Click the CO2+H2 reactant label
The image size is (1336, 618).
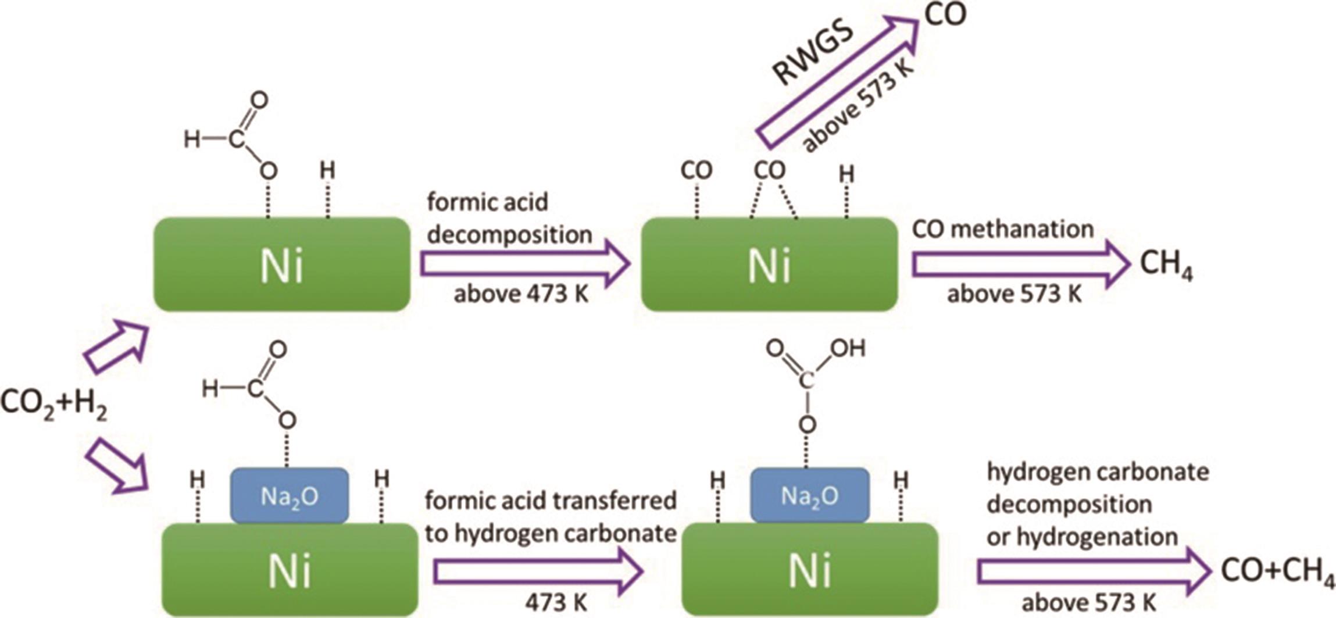tap(53, 403)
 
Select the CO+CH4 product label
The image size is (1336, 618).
tap(1277, 572)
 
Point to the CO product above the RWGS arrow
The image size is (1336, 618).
tap(945, 16)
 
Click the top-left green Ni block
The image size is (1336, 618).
tap(282, 265)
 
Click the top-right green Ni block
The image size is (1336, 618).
tap(769, 265)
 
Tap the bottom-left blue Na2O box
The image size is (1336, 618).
tap(290, 496)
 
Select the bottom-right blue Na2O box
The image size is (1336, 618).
tap(810, 495)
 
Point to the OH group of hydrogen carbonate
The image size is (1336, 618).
tap(848, 349)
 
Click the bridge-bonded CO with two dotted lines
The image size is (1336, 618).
tap(770, 171)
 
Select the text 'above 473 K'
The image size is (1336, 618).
tap(521, 294)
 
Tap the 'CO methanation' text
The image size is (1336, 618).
tap(1003, 230)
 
